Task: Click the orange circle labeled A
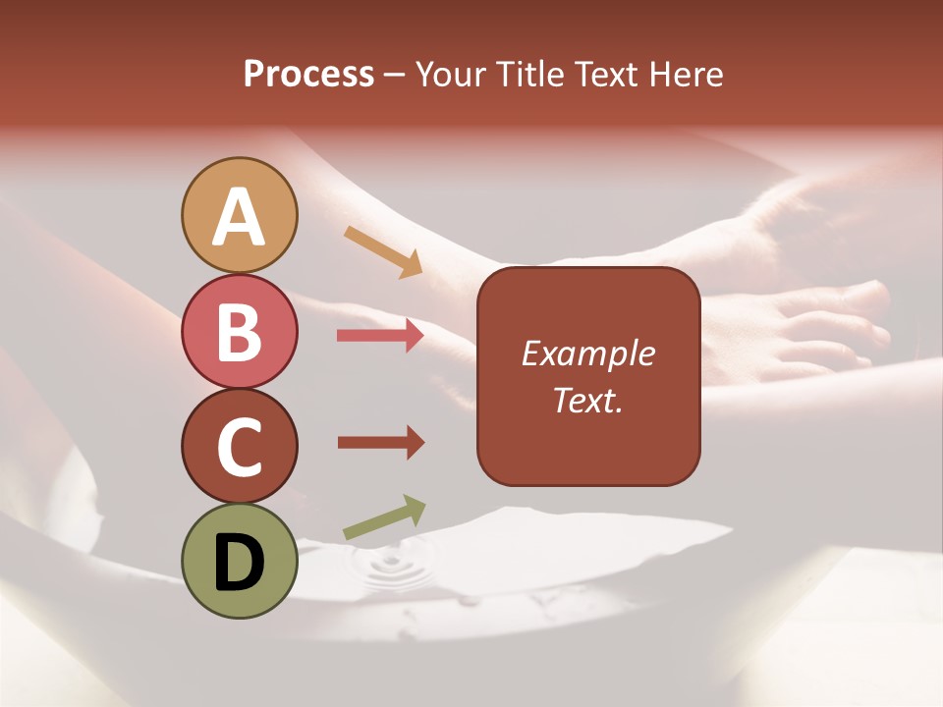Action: (240, 215)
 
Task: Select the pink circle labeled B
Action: (240, 331)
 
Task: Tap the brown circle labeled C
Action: (240, 446)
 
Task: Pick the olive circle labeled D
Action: (240, 561)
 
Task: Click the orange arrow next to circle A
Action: (383, 250)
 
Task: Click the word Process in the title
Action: (308, 75)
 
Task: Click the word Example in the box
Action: (588, 353)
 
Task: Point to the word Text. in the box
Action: (588, 400)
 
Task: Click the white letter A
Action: (240, 217)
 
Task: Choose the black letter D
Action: (240, 563)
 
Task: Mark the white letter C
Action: (240, 448)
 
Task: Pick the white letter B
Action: (240, 333)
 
